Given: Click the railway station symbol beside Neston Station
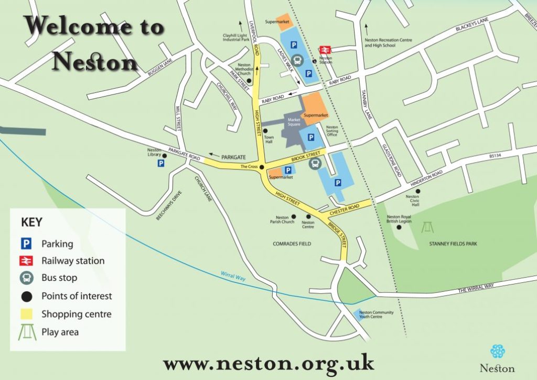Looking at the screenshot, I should [x=325, y=49].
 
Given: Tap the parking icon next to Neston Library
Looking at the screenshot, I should [x=160, y=164].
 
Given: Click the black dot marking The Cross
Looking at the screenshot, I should [x=261, y=167].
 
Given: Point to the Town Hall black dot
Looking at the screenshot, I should [x=265, y=131].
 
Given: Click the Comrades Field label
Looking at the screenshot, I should [x=292, y=244].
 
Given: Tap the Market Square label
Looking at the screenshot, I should [x=294, y=122].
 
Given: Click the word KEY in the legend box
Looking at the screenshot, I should [x=31, y=222].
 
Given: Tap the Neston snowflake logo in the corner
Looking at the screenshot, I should [x=497, y=351].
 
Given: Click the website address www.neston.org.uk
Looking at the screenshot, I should [x=268, y=363].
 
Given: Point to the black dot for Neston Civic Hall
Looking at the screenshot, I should [x=418, y=191].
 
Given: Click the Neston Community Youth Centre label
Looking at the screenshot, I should [x=376, y=315].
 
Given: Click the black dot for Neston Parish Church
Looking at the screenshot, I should [x=294, y=216].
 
